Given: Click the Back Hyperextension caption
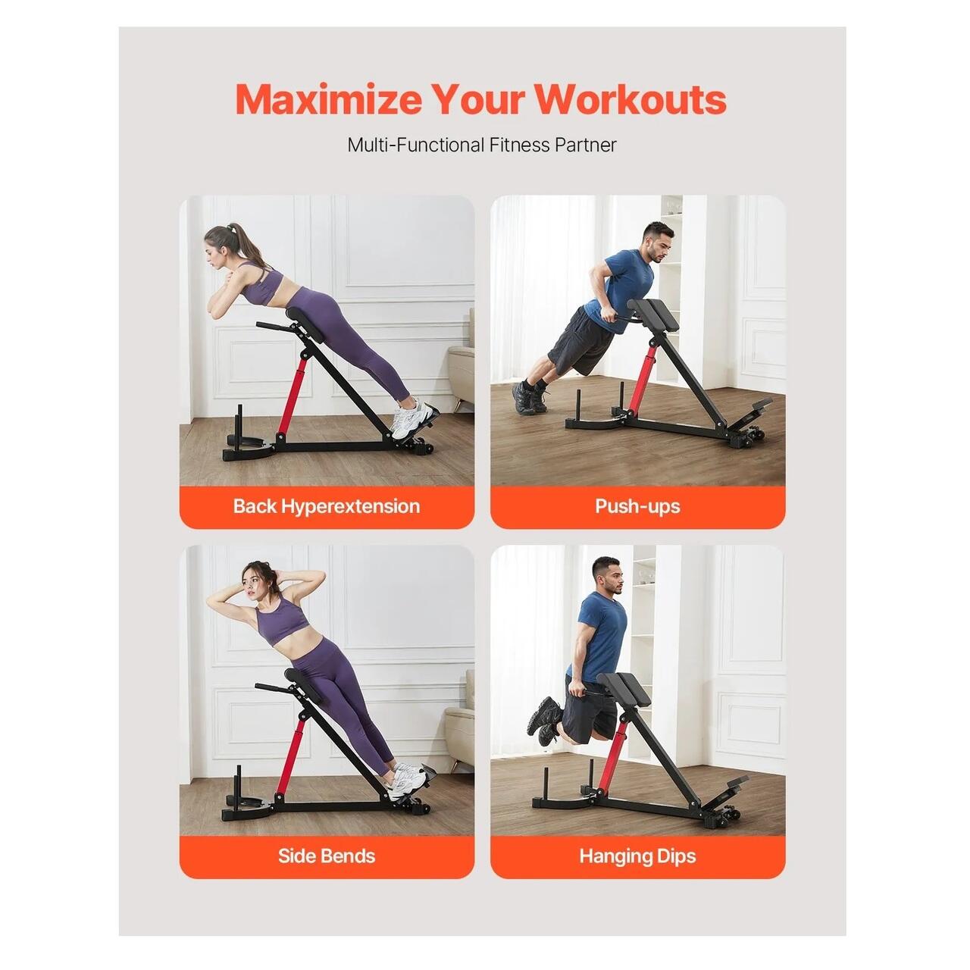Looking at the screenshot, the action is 326,506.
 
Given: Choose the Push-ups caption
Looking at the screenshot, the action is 637,506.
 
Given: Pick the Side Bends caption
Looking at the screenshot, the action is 326,856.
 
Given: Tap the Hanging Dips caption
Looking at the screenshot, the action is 637,856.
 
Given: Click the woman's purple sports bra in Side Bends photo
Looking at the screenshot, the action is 283,621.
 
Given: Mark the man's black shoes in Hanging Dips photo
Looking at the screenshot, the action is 543,720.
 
